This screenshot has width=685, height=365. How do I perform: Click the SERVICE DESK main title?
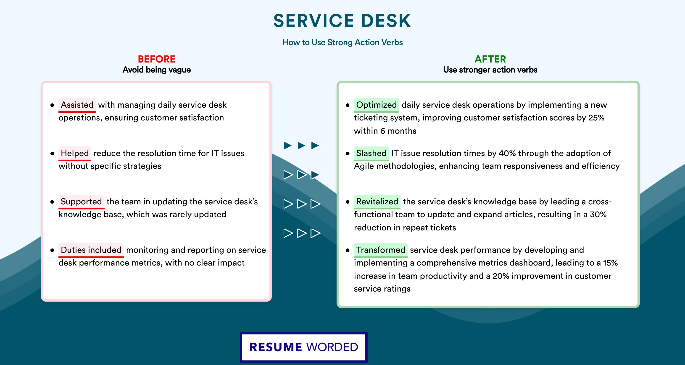pyautogui.click(x=342, y=21)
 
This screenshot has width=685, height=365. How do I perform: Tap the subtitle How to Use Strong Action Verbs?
pyautogui.click(x=342, y=42)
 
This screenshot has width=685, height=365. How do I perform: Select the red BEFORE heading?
pyautogui.click(x=156, y=59)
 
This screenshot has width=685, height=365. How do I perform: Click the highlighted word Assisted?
pyautogui.click(x=77, y=105)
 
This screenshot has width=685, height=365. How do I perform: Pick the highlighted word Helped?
pyautogui.click(x=75, y=153)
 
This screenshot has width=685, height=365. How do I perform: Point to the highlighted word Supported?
pyautogui.click(x=81, y=201)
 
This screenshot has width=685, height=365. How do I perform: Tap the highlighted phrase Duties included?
pyautogui.click(x=91, y=250)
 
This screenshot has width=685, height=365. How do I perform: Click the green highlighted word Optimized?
pyautogui.click(x=376, y=105)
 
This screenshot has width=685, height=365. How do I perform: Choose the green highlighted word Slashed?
pyautogui.click(x=371, y=153)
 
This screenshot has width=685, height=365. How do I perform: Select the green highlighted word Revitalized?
pyautogui.click(x=377, y=201)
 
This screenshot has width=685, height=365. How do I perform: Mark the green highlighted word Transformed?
pyautogui.click(x=381, y=250)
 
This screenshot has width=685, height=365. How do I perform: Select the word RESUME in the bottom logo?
pyautogui.click(x=276, y=347)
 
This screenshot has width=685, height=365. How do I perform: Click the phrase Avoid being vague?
pyautogui.click(x=157, y=70)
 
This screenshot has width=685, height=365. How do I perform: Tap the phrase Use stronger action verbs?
pyautogui.click(x=490, y=70)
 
